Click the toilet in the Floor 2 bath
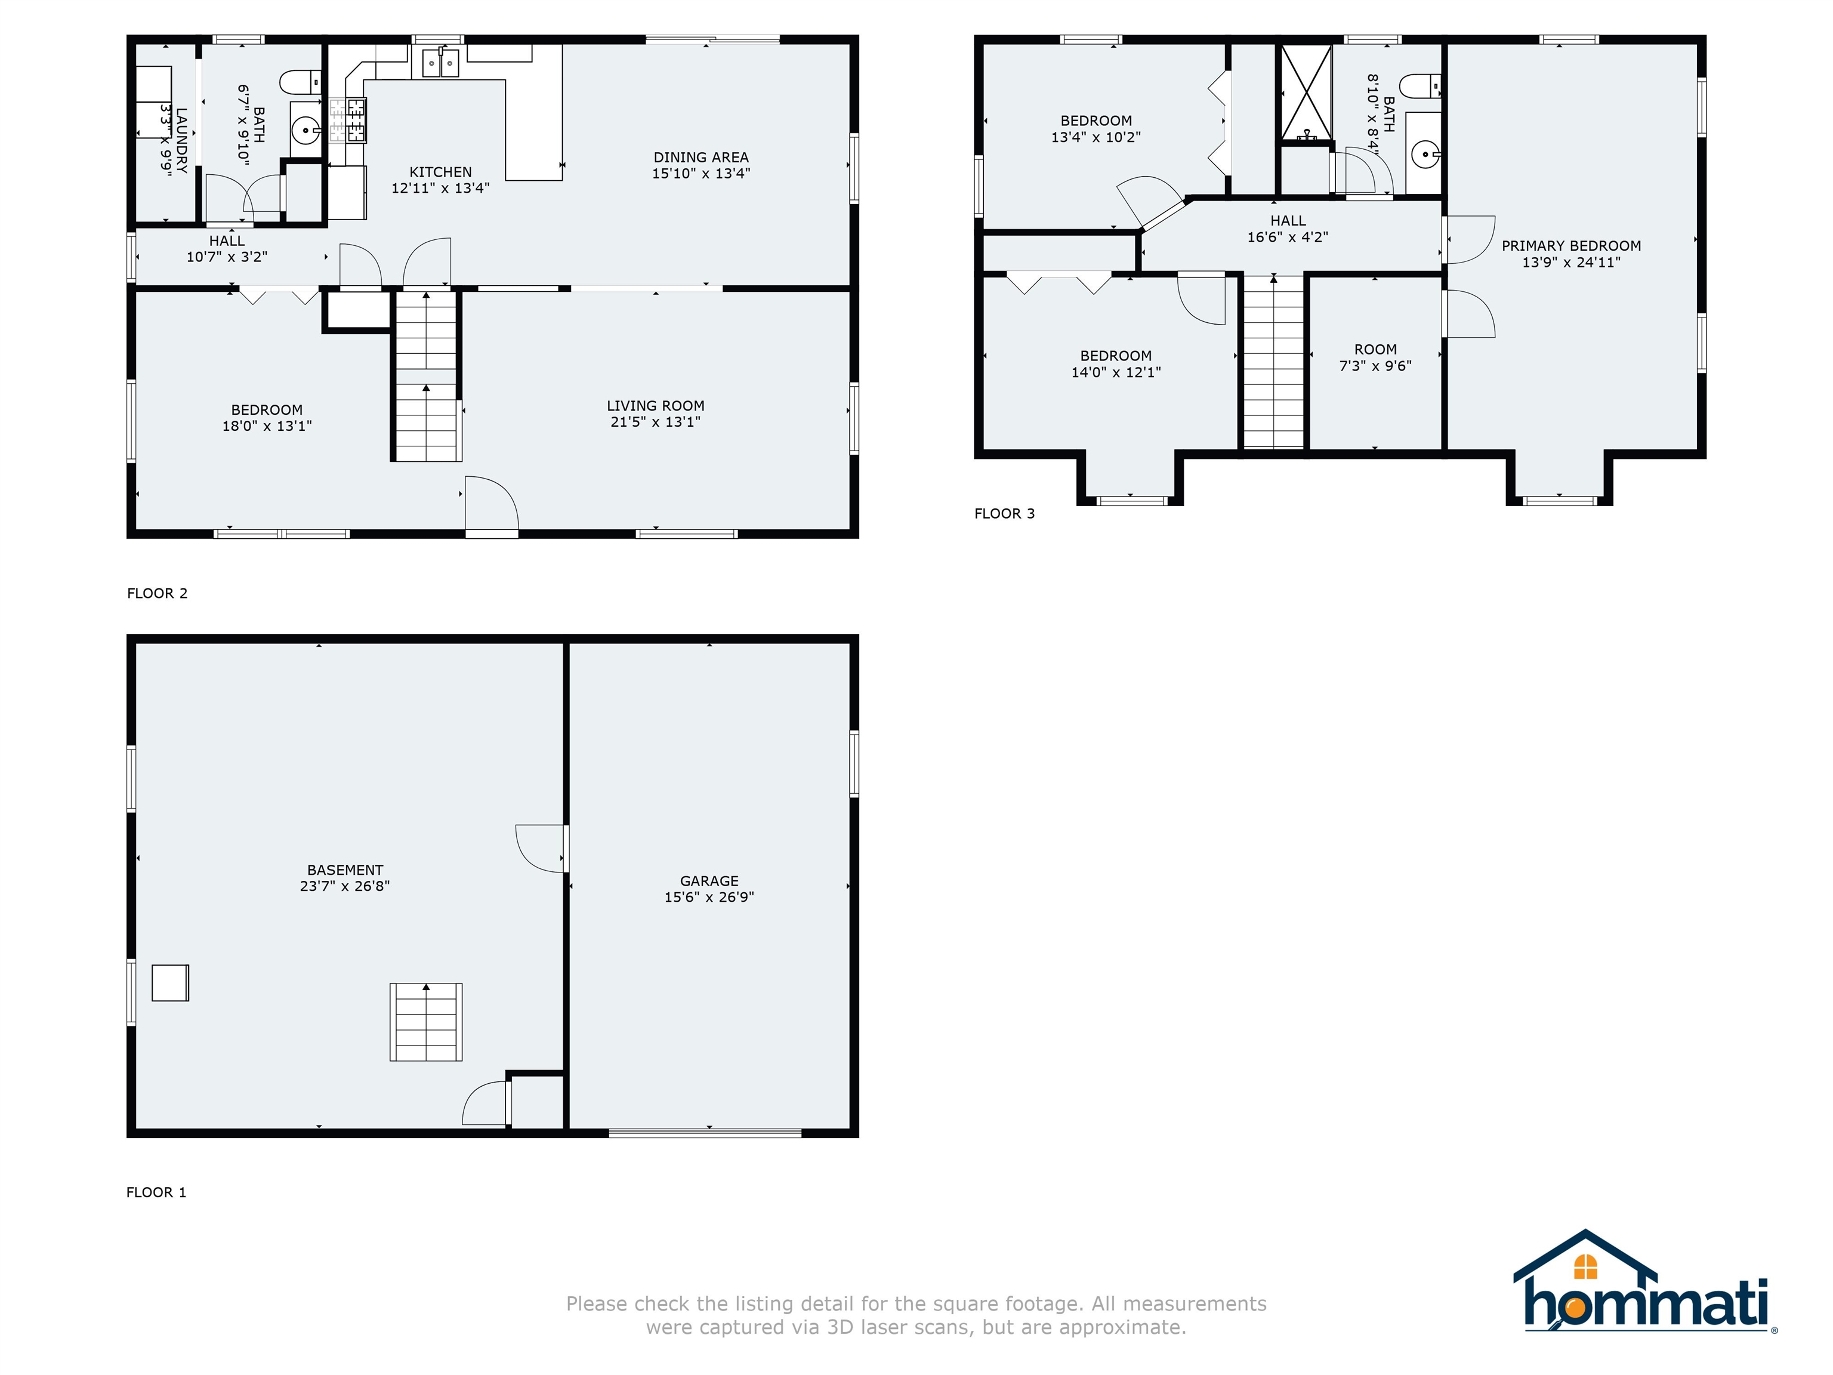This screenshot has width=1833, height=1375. click(x=300, y=83)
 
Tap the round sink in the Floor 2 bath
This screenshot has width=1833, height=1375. click(x=305, y=130)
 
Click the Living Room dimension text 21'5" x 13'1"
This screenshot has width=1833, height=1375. click(x=656, y=422)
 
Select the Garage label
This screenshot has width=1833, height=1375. click(x=709, y=881)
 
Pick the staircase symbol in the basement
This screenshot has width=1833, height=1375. click(x=426, y=1022)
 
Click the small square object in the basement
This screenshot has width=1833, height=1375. click(x=171, y=983)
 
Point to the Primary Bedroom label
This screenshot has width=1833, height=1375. click(x=1571, y=246)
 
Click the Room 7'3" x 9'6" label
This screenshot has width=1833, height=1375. click(x=1375, y=357)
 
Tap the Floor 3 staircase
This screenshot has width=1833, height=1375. click(x=1274, y=362)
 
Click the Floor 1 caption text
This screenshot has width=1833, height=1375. click(x=156, y=1192)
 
